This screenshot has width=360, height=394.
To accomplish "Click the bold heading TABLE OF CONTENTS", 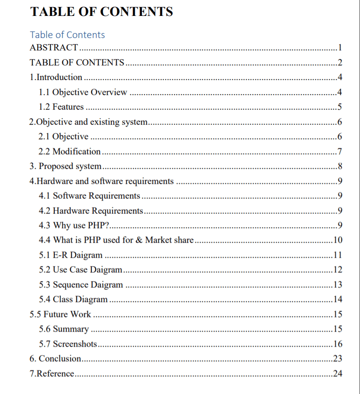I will pyautogui.click(x=102, y=12).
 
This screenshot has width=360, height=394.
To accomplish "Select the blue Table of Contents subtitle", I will pyautogui.click(x=67, y=35).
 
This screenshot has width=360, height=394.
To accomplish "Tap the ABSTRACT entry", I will pyautogui.click(x=54, y=48).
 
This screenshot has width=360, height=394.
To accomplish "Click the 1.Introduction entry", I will pyautogui.click(x=56, y=77).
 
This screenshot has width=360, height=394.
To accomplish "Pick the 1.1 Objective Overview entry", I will pyautogui.click(x=83, y=92).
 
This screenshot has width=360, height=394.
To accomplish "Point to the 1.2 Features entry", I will pyautogui.click(x=61, y=107).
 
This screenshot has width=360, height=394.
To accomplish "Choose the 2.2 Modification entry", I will pyautogui.click(x=69, y=152).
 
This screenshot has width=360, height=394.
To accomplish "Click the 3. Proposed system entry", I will pyautogui.click(x=66, y=167).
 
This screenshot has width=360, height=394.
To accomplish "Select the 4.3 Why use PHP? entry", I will pyautogui.click(x=74, y=226).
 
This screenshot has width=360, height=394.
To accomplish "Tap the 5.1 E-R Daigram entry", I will pyautogui.click(x=71, y=255).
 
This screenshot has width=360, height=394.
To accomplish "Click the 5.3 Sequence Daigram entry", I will pyautogui.click(x=81, y=285).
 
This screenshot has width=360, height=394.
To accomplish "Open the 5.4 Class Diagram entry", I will pyautogui.click(x=73, y=300).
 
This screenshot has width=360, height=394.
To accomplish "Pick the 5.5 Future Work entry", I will pyautogui.click(x=60, y=315).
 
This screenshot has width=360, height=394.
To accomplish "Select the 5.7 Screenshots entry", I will pyautogui.click(x=68, y=344).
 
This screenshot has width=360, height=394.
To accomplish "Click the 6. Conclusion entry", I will pyautogui.click(x=55, y=359).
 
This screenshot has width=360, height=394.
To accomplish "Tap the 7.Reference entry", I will pyautogui.click(x=52, y=374).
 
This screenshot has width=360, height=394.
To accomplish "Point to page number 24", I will pyautogui.click(x=337, y=374).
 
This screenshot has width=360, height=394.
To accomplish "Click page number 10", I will pyautogui.click(x=337, y=241).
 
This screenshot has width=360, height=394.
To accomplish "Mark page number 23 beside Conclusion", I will pyautogui.click(x=337, y=359).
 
